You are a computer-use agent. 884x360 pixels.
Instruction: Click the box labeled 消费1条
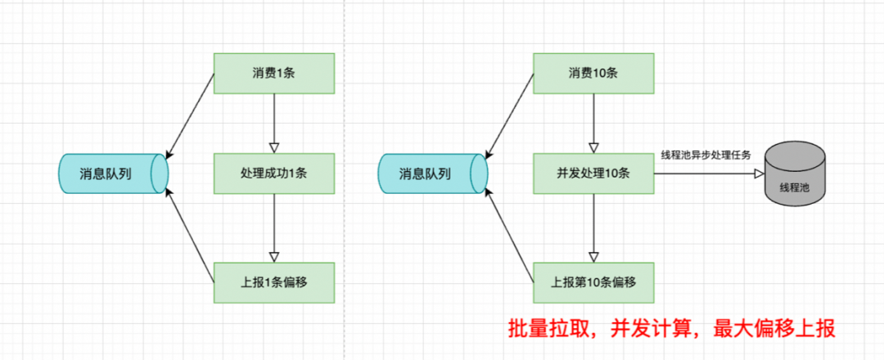click(273, 73)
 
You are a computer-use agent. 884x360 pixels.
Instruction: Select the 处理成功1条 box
click(273, 173)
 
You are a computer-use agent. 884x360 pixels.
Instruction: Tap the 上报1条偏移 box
click(273, 281)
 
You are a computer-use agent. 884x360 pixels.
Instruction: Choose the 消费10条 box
click(593, 73)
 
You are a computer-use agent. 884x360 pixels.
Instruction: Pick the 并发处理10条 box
click(593, 173)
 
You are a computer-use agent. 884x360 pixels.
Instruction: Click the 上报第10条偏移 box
click(593, 281)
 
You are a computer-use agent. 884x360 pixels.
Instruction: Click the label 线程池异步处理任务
click(706, 155)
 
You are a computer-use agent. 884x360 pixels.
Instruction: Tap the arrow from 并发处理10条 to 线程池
click(708, 173)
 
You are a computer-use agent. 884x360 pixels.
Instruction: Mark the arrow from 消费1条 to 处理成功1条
click(274, 123)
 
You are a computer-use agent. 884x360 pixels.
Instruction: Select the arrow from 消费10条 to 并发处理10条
click(594, 123)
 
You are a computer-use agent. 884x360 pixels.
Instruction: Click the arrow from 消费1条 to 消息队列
click(190, 115)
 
